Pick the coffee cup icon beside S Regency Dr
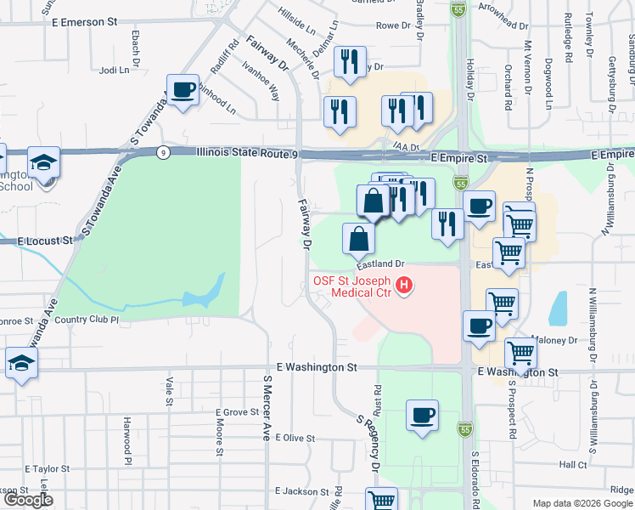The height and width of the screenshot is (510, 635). click(422, 416)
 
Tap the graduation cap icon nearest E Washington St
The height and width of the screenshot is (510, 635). click(21, 363)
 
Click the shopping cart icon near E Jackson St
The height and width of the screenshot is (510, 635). click(381, 500)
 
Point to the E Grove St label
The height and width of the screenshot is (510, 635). click(236, 412)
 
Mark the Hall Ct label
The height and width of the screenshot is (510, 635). click(573, 465)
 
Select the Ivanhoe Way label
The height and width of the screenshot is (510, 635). click(261, 81)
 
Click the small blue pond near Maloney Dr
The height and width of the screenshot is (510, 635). click(558, 309)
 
